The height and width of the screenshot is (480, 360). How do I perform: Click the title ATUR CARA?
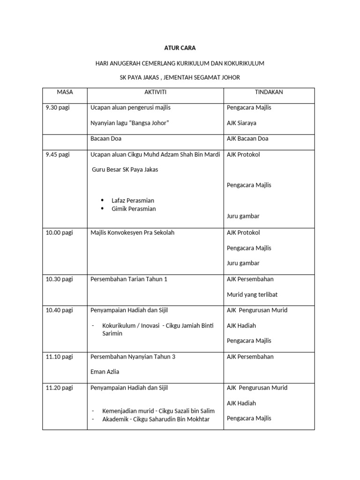[180, 48]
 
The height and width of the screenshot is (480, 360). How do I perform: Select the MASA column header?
[65, 92]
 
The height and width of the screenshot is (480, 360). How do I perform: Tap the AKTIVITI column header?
[155, 92]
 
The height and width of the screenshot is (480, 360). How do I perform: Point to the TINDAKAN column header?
[269, 92]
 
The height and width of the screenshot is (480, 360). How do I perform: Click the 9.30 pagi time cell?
[57, 108]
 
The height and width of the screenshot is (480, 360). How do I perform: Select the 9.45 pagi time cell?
[57, 155]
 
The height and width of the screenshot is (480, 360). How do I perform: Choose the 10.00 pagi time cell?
[59, 232]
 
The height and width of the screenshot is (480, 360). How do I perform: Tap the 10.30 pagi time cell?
[59, 279]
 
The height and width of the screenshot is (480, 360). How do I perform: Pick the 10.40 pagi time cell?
[59, 310]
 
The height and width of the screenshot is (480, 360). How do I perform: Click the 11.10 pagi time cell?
[59, 357]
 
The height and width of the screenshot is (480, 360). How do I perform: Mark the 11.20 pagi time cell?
[59, 388]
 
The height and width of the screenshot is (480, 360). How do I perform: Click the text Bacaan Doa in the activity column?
[106, 139]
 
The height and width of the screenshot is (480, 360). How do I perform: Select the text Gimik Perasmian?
[134, 209]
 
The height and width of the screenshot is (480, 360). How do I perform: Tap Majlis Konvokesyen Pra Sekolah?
[132, 232]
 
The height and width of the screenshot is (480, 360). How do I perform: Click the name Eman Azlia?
[105, 372]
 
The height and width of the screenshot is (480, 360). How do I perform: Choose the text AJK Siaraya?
[241, 123]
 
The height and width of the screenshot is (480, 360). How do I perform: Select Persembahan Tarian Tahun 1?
[128, 279]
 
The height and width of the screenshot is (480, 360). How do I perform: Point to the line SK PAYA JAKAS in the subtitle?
[180, 77]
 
